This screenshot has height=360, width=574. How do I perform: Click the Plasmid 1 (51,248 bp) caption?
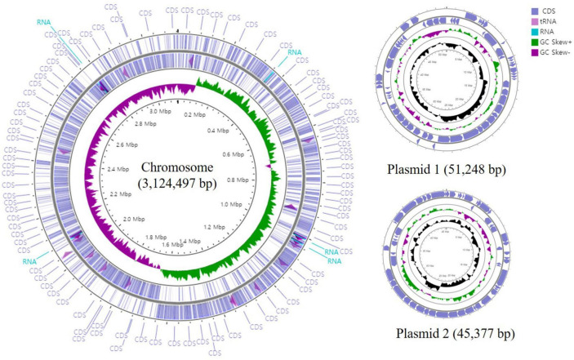coord(450,172)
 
